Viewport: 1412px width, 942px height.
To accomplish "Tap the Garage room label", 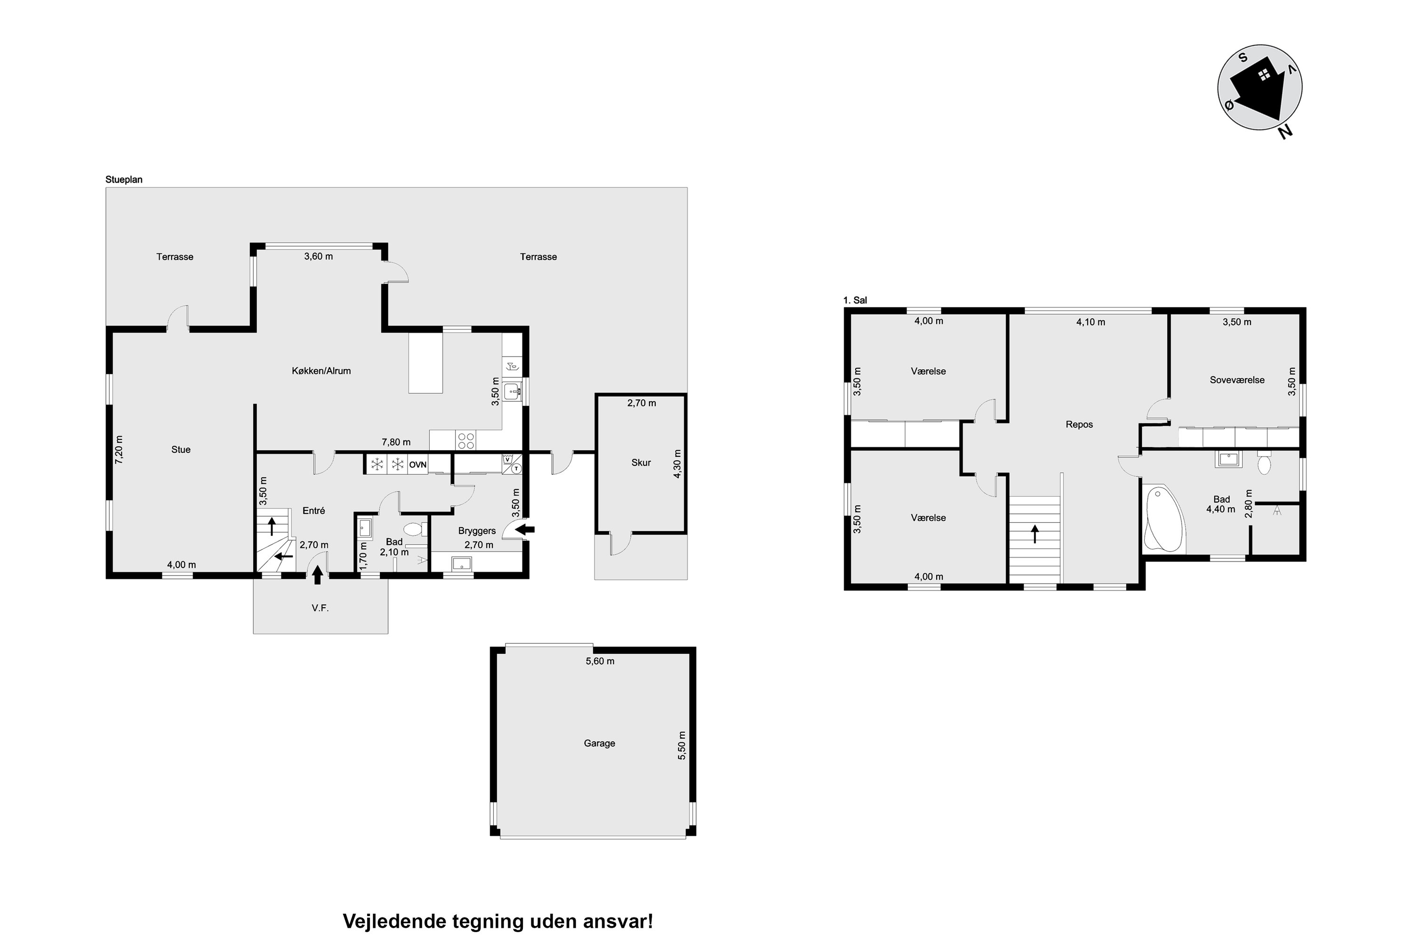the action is (599, 743).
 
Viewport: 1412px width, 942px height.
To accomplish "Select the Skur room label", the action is (641, 463).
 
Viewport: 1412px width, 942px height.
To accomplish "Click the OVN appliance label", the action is (418, 464).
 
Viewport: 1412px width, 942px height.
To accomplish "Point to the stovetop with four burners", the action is (466, 440).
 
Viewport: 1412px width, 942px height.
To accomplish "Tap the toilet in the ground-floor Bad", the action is (415, 530).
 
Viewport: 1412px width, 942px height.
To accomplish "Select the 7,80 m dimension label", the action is (396, 442).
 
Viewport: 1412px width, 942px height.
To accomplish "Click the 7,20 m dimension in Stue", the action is (119, 449).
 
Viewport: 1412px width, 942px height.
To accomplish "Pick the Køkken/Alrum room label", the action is (321, 371).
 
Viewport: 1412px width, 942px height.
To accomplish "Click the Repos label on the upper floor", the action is (1079, 424).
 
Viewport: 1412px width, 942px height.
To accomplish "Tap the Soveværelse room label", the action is (1237, 380).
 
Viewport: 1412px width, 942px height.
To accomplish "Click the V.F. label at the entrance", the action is (320, 608).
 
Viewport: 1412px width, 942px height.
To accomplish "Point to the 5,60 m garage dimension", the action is (600, 661).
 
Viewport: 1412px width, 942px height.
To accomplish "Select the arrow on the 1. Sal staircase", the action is (1035, 534).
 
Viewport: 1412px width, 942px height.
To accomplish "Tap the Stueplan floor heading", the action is (124, 179).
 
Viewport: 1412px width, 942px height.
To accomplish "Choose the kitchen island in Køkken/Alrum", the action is (425, 364).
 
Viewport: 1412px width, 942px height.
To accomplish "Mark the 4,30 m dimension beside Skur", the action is (678, 464).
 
